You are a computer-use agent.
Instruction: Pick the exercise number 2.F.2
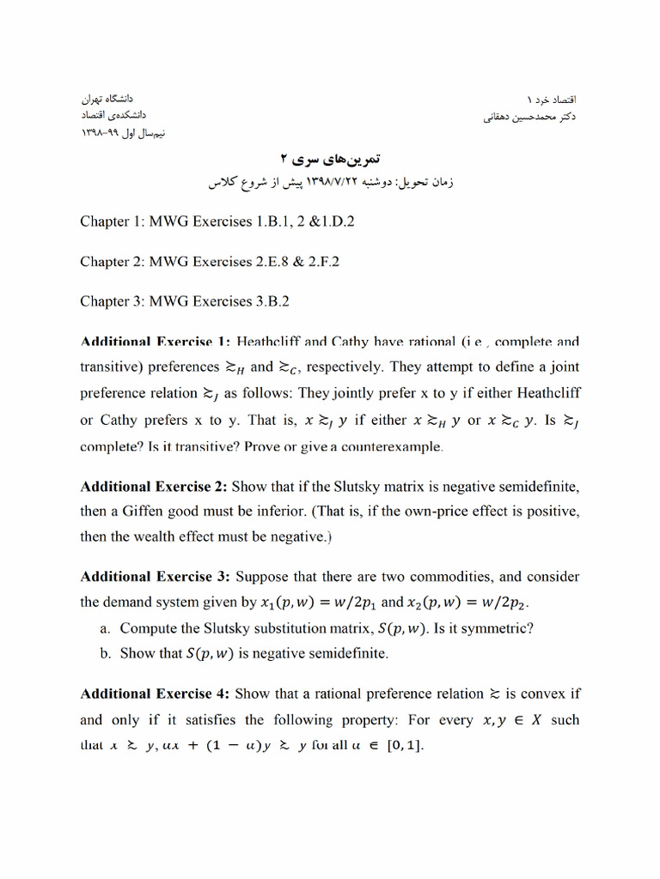click(317, 261)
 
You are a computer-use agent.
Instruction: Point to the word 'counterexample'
click(394, 446)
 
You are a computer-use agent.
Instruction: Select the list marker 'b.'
click(106, 653)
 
